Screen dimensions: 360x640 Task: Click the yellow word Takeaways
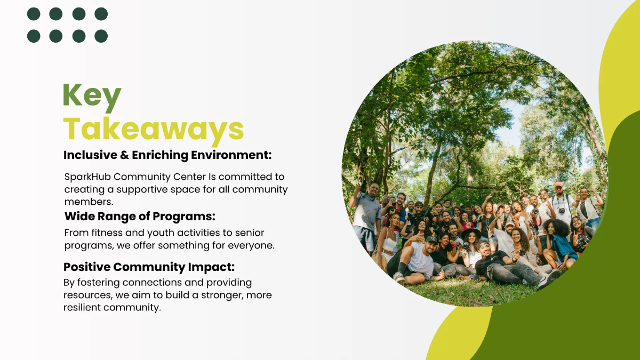pos(154,129)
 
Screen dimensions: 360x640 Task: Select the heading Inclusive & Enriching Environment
pos(167,155)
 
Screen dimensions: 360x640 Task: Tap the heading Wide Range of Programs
pos(140,217)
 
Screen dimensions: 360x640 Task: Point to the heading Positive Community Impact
pos(149,267)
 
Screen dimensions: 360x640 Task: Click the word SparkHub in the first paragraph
pos(87,177)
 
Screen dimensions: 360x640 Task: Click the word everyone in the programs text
pos(252,246)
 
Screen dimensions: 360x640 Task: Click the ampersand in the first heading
pos(123,155)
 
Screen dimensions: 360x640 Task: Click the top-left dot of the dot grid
pos(34,14)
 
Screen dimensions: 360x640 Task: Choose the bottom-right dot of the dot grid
pos(101,36)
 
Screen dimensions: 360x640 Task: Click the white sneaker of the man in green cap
pos(398,277)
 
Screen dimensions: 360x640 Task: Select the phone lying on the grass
pos(474,277)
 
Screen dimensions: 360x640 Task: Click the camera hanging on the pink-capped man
pos(561,210)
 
